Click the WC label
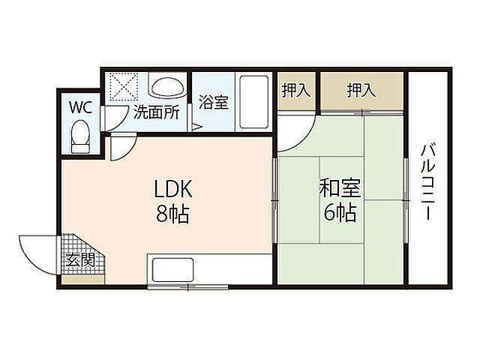click(x=81, y=107)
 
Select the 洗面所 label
click(x=155, y=113)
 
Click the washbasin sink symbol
click(x=167, y=87)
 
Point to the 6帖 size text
click(x=339, y=213)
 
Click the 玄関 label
click(x=79, y=261)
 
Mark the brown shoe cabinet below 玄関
click(x=82, y=280)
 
